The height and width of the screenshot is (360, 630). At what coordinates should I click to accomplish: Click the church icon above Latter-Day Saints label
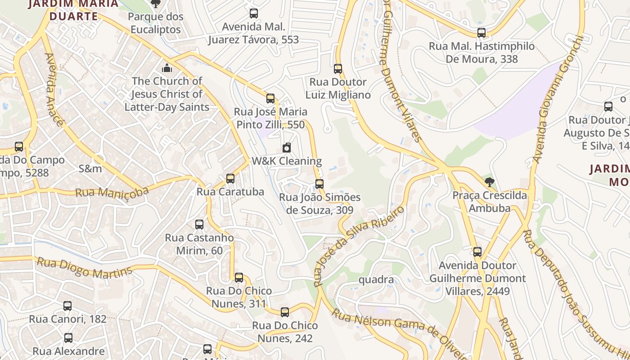click(167, 68)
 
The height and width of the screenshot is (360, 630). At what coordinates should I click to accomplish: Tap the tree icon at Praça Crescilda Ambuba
click(490, 182)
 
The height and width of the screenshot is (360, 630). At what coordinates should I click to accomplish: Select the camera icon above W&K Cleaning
click(287, 148)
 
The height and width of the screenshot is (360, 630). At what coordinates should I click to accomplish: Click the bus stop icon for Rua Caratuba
click(230, 179)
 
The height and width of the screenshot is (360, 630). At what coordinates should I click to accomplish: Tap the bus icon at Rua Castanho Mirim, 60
click(199, 225)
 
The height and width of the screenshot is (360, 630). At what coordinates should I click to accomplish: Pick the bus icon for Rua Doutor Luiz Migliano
click(338, 69)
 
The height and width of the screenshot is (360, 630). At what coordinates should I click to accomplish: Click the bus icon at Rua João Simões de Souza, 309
click(319, 184)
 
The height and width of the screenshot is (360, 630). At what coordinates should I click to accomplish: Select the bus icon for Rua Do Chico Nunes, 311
click(239, 278)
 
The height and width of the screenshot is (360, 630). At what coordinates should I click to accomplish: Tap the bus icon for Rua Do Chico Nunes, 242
click(285, 312)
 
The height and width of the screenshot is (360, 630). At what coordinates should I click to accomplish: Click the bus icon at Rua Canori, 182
click(67, 306)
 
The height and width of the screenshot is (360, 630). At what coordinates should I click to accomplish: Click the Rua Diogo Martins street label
click(84, 268)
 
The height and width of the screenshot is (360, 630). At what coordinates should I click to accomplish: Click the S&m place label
click(90, 169)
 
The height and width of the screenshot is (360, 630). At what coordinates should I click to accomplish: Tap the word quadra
click(376, 280)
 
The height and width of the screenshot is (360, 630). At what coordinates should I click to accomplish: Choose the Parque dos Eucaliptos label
click(156, 23)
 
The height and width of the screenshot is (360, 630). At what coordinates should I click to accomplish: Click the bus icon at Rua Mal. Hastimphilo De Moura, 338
click(481, 33)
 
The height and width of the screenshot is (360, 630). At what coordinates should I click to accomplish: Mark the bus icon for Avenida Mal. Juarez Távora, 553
click(254, 13)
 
